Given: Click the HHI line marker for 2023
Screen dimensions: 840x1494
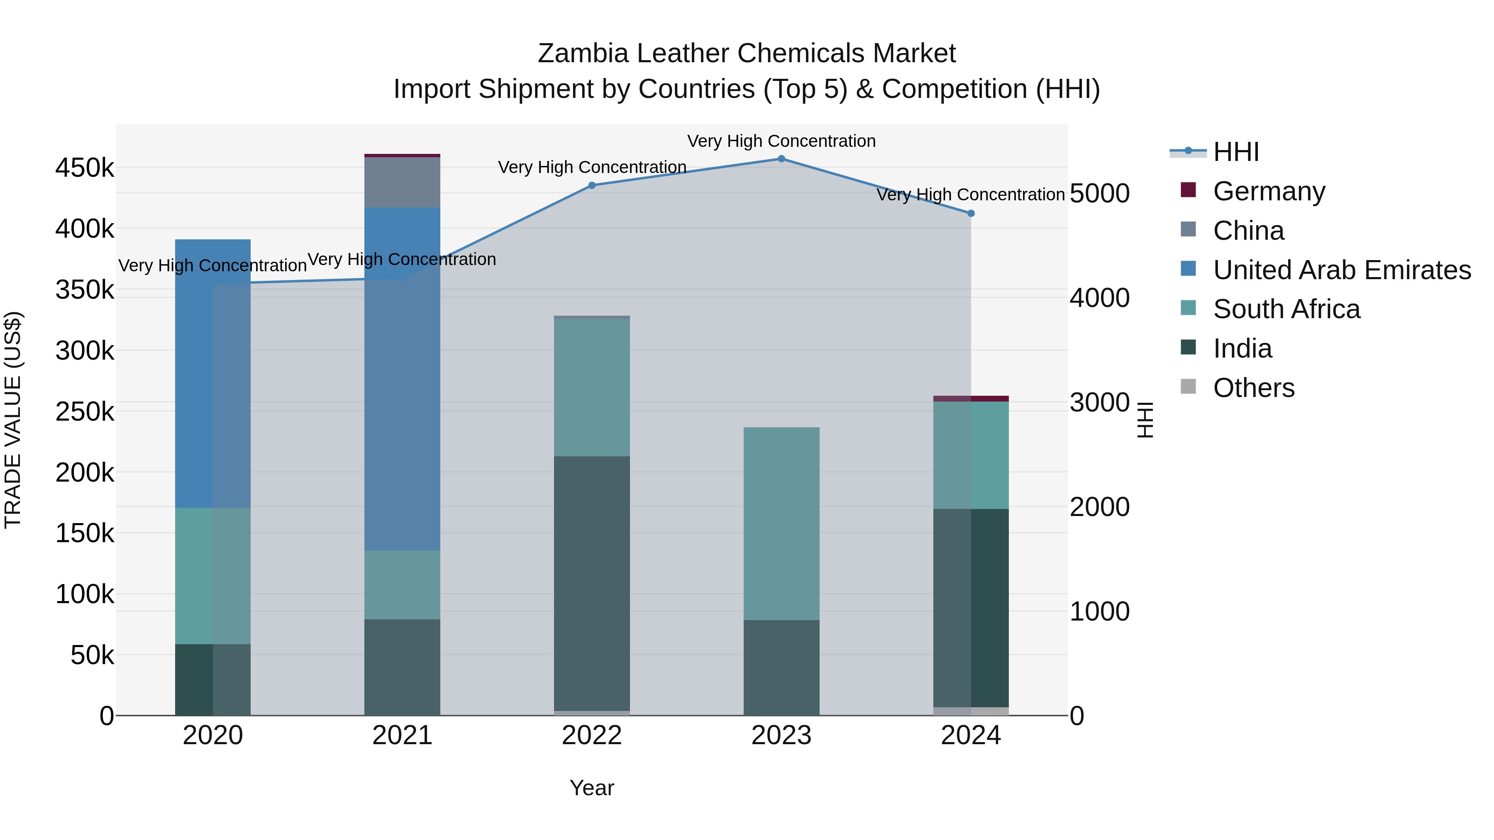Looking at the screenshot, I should pos(781,159).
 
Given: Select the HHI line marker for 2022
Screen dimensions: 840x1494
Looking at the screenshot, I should pos(591,185).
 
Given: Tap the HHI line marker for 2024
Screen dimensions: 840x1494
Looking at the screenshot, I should pos(971,213).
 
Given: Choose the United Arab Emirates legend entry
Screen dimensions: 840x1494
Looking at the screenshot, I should pos(1341,270).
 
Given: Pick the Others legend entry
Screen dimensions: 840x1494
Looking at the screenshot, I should pos(1253,388).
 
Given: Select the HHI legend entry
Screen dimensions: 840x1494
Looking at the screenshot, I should pos(1235,152).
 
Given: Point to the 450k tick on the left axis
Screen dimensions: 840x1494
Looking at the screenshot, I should pos(85,168).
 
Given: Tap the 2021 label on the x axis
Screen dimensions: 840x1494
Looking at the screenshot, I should pos(402,735).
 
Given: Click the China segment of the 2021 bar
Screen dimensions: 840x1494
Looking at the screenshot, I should pos(402,182).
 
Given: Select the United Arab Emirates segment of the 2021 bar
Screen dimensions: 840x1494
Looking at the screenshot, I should pos(402,377).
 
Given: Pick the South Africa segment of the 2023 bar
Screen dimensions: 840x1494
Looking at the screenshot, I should pos(781,523).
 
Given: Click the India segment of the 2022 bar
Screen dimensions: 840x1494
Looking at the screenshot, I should pos(591,583).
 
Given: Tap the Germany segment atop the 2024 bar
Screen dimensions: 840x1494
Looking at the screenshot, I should pos(971,399).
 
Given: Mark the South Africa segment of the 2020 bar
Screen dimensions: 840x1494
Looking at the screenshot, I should pos(213,576).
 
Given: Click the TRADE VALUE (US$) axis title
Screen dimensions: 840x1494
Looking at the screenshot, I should pos(13,420).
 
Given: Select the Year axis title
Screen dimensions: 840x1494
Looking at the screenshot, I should pos(591,788).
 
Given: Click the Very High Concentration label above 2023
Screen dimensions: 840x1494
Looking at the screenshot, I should pos(781,141).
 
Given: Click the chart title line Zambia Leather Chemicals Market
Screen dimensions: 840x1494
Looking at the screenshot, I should pos(747,54).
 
